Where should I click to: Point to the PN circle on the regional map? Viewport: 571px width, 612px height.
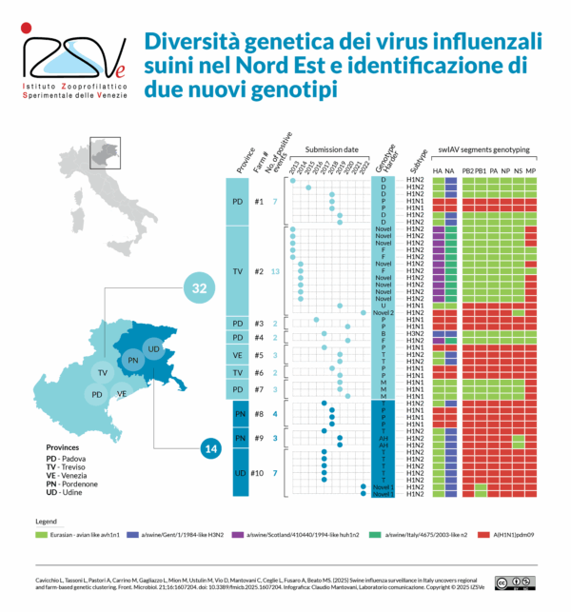(x=132, y=360)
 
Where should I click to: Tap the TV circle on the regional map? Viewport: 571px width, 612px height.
(x=101, y=373)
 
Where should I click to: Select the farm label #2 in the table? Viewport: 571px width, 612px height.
(x=260, y=271)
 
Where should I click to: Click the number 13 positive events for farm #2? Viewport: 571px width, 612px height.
(x=275, y=271)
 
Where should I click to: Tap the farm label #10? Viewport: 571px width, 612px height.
(x=259, y=473)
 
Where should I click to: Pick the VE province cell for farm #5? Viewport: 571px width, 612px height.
(x=237, y=355)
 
